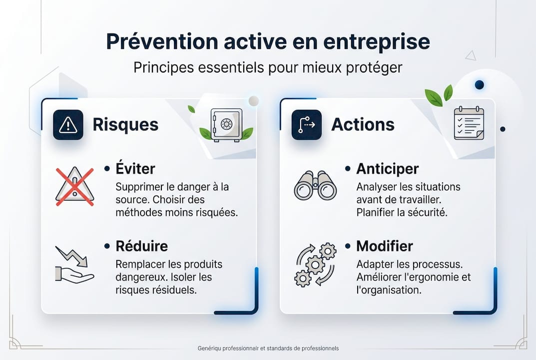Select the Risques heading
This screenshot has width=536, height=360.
pos(125,124)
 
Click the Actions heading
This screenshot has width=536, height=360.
pos(363,124)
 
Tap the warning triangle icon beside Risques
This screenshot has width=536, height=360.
pos(68,125)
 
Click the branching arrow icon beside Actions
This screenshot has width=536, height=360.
pos(306,125)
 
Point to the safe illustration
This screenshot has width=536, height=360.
pos(226,124)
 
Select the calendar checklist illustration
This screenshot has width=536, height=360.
pos(469,123)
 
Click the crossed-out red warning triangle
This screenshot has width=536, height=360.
pos(74,186)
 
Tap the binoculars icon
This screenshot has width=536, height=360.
pos(315,185)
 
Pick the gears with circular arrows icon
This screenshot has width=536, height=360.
pos(315,264)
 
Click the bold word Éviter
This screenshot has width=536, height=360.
pos(135,168)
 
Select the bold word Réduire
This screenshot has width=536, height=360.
pos(141,246)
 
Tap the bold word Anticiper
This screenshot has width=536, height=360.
pos(387,169)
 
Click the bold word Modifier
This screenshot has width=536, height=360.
pos(384,246)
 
